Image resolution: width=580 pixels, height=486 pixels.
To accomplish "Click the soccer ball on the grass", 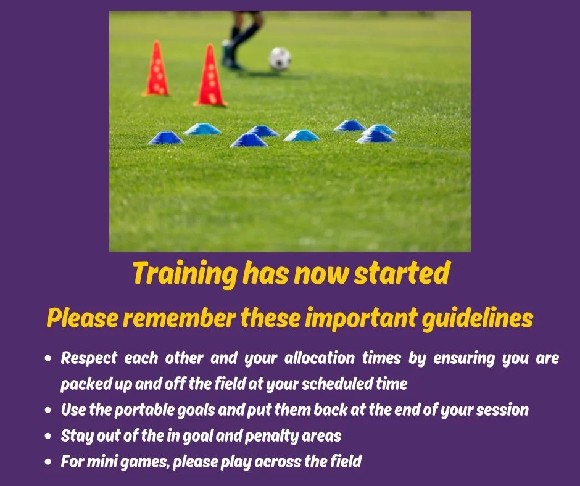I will (280, 59).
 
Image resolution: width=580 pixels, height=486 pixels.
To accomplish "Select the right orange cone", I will (210, 76).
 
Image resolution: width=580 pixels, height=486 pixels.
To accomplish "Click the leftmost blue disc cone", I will (165, 138).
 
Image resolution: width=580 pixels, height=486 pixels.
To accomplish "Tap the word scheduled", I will (331, 384).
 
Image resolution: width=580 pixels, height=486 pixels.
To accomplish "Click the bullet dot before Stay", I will (49, 436).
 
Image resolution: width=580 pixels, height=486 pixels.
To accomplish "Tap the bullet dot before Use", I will (49, 410).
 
